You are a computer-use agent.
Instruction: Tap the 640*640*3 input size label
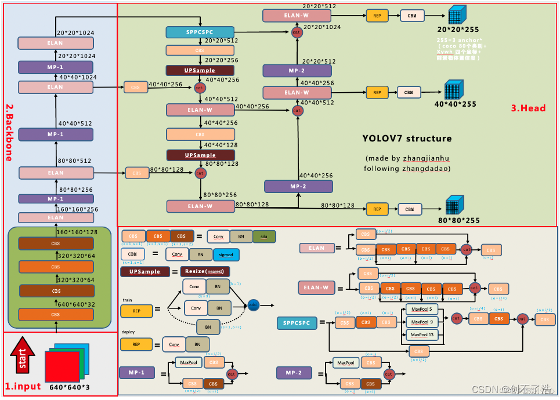pos(70,387)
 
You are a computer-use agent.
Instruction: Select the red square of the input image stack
pos(62,366)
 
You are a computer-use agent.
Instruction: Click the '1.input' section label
pos(23,387)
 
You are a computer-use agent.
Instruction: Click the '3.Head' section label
pos(528,108)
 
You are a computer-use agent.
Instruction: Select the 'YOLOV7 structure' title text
pos(407,139)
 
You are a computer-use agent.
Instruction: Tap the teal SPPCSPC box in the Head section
pos(200,32)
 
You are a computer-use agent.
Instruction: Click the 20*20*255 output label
pos(458,30)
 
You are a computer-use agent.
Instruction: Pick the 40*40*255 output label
pos(456,104)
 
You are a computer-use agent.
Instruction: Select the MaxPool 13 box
pos(422,334)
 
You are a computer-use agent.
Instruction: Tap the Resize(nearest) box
pos(204,271)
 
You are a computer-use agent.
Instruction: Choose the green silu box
pos(264,237)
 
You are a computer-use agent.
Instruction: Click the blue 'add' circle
pos(253,304)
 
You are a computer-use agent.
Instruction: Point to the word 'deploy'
pos(128,332)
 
